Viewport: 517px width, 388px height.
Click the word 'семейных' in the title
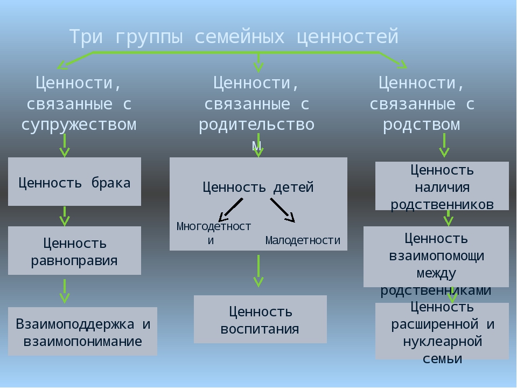[239, 36]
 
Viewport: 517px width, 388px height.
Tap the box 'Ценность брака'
[74, 182]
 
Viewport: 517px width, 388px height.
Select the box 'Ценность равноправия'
[74, 251]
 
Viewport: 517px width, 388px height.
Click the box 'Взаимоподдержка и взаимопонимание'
[82, 331]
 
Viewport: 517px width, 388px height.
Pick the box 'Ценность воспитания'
[260, 320]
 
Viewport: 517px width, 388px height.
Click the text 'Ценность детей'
[258, 187]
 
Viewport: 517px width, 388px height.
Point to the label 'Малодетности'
[303, 240]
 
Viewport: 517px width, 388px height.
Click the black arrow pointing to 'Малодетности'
[283, 210]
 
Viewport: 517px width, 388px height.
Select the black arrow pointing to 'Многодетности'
[231, 210]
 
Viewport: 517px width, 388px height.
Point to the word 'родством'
[421, 124]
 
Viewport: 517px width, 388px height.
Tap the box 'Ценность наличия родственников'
[442, 186]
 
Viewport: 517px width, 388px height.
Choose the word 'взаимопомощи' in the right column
[437, 255]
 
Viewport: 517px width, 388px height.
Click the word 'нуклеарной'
[443, 342]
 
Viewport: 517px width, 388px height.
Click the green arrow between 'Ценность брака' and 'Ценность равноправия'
[65, 217]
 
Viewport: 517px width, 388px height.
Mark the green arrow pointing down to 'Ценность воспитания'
[258, 271]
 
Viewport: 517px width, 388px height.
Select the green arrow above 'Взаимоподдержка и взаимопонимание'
[65, 292]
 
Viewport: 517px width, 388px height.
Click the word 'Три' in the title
[86, 36]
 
